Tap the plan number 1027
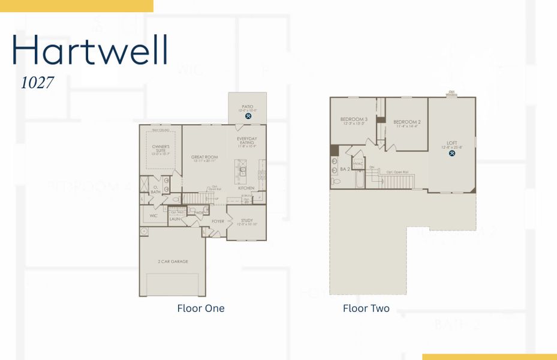pos(37,83)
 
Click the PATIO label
pos(248,107)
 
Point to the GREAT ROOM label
pos(204,157)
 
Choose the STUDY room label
pos(246,220)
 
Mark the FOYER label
pos(218,221)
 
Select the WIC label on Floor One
pos(153,215)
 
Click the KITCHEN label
pos(246,188)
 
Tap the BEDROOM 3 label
pos(354,119)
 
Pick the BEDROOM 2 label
pos(408,122)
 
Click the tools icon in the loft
pos(452,153)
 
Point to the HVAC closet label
pos(358,163)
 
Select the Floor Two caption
pos(366,308)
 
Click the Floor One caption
pos(201,308)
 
